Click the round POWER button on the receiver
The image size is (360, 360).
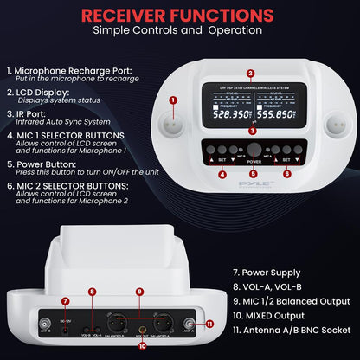(253, 149)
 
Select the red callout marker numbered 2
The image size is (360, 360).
(251, 74)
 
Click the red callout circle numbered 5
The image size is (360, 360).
(253, 173)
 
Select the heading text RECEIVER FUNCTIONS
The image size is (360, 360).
(179, 14)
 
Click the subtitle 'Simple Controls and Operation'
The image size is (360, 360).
(179, 31)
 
